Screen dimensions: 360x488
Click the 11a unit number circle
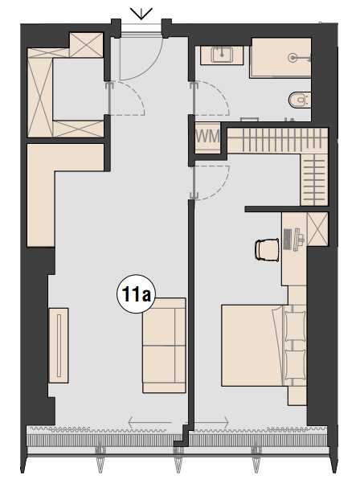coord(136,293)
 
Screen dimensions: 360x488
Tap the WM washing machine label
coord(208,136)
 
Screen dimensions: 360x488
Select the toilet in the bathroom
coord(299,100)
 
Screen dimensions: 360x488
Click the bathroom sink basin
coord(222,55)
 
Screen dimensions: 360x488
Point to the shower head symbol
coord(292,58)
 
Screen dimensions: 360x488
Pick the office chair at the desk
coord(267,249)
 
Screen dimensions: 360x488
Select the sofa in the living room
coord(164,345)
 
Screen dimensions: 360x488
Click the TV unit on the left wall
coord(59,345)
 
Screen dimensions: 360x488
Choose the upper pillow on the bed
coord(295,326)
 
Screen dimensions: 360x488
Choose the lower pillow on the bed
coord(295,365)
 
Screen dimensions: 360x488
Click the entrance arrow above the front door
coord(141,14)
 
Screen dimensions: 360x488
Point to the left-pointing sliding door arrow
coord(150,422)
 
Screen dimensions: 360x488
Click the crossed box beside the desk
coord(317,229)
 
